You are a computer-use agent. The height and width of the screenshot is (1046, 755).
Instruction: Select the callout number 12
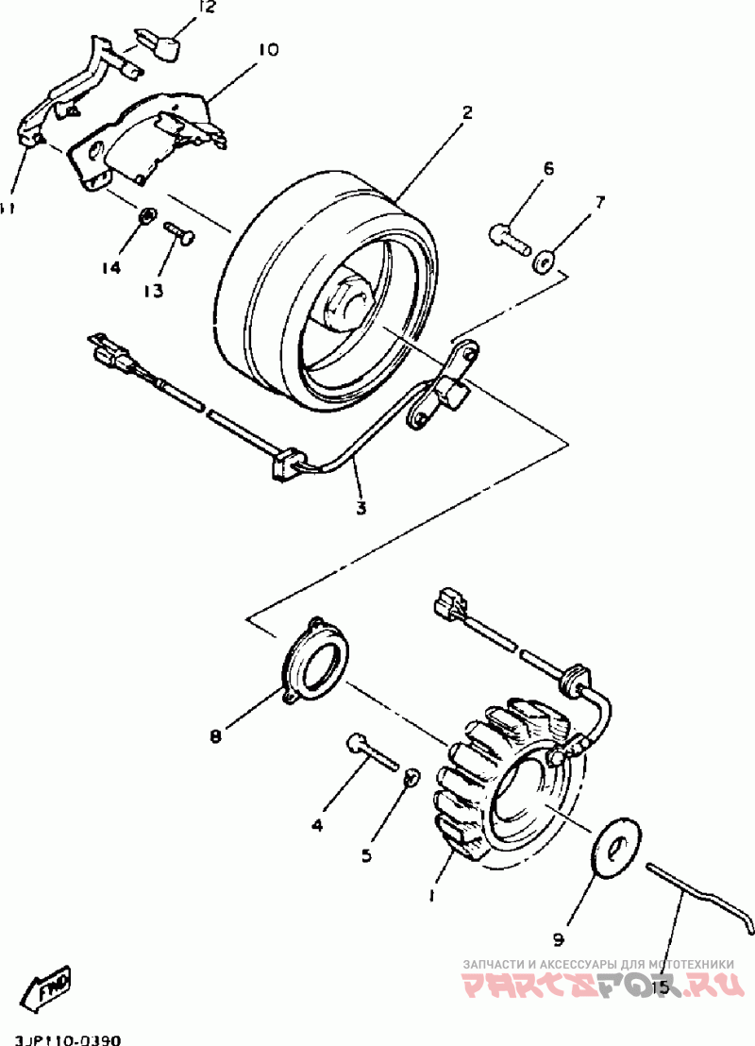[206, 8]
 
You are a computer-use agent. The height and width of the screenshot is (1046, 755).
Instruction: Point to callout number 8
[215, 735]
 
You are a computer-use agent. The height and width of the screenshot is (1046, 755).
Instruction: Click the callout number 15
[660, 987]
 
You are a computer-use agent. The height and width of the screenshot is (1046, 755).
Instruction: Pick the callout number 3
[361, 508]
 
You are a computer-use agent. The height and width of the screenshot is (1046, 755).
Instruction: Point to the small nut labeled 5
[411, 777]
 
